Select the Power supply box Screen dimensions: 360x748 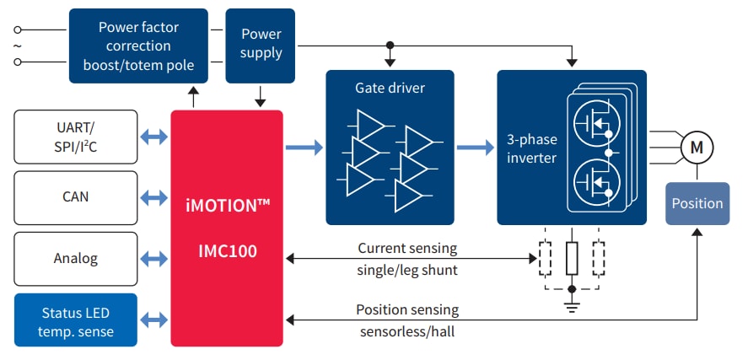click(x=261, y=46)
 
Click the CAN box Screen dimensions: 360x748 click(x=76, y=197)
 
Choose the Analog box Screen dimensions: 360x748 click(x=76, y=258)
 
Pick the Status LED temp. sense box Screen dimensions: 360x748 click(x=76, y=320)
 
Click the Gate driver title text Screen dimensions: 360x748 click(x=390, y=89)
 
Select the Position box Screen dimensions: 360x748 click(x=697, y=203)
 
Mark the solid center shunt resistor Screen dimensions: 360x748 click(x=572, y=258)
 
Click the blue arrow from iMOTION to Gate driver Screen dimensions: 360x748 click(x=304, y=148)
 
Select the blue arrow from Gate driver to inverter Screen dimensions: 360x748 click(x=476, y=148)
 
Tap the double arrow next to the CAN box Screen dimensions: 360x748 click(x=153, y=197)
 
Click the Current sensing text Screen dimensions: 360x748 click(x=407, y=249)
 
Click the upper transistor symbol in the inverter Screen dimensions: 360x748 click(x=598, y=123)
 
